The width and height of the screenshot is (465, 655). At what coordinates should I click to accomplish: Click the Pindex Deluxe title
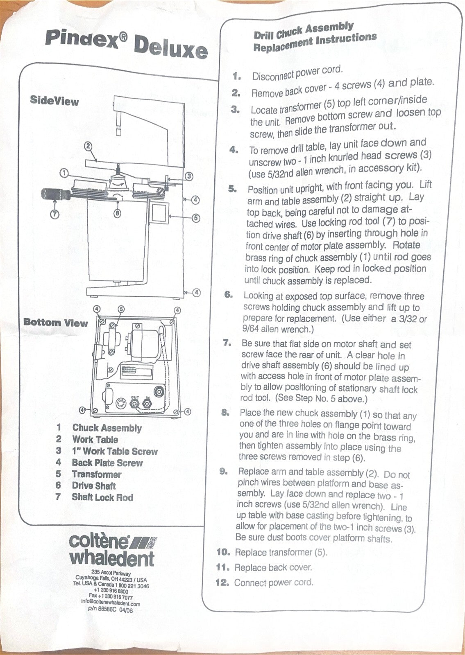pyautogui.click(x=126, y=45)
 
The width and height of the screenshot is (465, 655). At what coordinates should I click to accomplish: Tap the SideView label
pyautogui.click(x=54, y=101)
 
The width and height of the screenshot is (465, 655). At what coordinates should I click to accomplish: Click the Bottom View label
pyautogui.click(x=56, y=323)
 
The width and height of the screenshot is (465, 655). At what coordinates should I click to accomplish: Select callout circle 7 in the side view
pyautogui.click(x=55, y=214)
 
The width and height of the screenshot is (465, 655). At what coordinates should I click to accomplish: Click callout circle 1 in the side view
pyautogui.click(x=64, y=173)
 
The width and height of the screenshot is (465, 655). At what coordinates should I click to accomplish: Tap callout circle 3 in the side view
pyautogui.click(x=189, y=176)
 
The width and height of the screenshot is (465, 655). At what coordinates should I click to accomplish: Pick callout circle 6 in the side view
pyautogui.click(x=117, y=213)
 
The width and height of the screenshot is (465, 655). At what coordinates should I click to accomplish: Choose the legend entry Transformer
pyautogui.click(x=97, y=474)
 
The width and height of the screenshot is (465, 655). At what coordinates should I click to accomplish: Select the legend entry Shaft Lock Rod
pyautogui.click(x=102, y=497)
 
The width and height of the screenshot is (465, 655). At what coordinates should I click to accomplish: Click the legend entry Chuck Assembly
pyautogui.click(x=107, y=428)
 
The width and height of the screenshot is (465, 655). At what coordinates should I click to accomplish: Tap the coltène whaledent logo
pyautogui.click(x=111, y=551)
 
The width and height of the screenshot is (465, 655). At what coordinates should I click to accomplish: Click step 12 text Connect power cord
pyautogui.click(x=273, y=583)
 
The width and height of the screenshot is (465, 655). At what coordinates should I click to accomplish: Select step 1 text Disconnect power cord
pyautogui.click(x=297, y=73)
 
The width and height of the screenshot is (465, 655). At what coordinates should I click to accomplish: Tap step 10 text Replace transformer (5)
pyautogui.click(x=281, y=552)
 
